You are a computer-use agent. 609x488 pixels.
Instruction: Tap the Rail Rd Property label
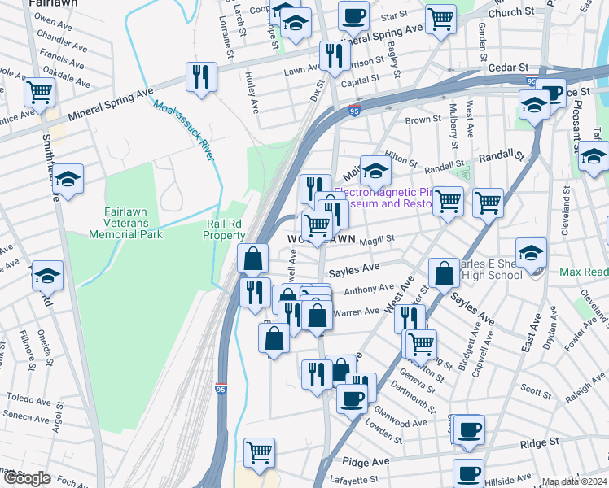tap(224, 229)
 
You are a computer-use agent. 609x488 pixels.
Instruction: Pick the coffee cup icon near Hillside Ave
tap(468, 473)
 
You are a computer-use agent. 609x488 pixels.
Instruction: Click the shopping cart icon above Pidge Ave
tap(259, 451)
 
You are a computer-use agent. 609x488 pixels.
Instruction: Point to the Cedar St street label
tap(508, 68)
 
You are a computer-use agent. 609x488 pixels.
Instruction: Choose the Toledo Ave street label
tap(29, 399)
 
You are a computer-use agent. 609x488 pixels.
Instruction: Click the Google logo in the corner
tap(27, 478)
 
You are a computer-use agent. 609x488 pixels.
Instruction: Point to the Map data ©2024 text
tap(574, 481)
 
